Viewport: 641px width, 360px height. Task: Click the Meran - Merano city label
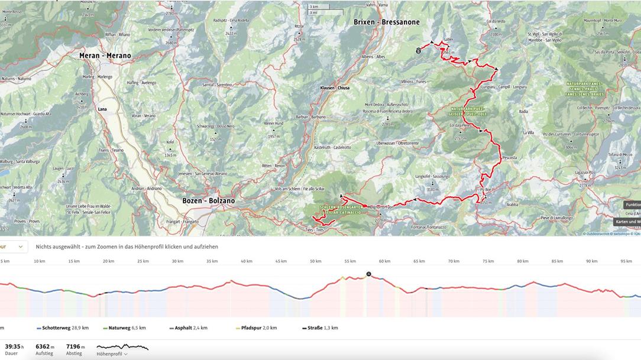point(105,56)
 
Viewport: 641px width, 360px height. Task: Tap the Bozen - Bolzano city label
point(208,201)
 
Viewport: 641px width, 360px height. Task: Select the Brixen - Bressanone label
point(387,22)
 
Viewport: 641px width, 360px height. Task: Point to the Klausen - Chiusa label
point(335,87)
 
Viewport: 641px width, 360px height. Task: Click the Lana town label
point(102,109)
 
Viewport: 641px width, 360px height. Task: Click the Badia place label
point(523,111)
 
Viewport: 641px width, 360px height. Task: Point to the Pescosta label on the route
point(509,158)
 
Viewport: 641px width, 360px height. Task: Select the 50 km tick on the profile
point(316,261)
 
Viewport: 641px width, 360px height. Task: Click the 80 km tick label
point(523,261)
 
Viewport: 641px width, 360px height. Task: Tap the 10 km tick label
point(40,261)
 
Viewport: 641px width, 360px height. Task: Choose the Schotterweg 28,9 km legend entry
point(63,327)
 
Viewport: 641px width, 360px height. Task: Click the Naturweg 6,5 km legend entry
point(127,327)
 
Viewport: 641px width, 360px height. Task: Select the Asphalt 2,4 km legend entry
point(188,327)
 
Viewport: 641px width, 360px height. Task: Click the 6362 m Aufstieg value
point(44,347)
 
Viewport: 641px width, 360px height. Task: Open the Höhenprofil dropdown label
point(112,353)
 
